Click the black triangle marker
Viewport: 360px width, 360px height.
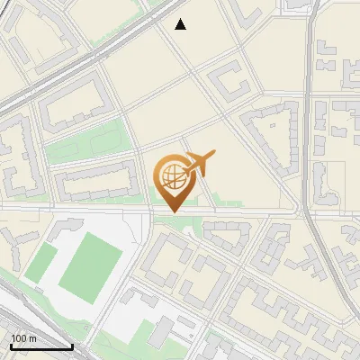point(181,24)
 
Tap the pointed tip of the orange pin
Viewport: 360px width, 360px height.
point(171,211)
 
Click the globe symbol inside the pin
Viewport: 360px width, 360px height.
point(170,175)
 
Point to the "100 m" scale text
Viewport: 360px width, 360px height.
point(23,338)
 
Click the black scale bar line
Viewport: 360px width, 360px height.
point(41,346)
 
